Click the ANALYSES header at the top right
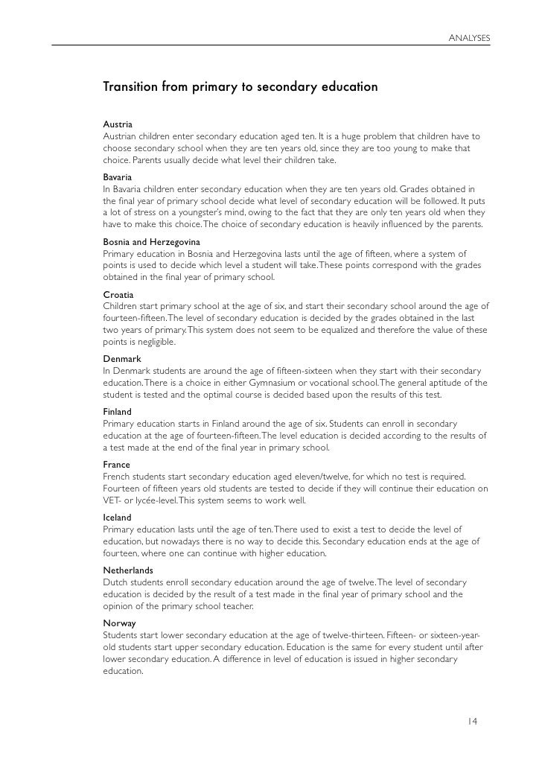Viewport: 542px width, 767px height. click(x=469, y=38)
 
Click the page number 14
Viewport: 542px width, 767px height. click(x=473, y=721)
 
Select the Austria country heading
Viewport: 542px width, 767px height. click(x=118, y=125)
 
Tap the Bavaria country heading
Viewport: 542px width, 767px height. click(x=118, y=179)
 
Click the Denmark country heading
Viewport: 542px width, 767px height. click(x=122, y=359)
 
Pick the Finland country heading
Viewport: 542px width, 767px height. click(x=117, y=412)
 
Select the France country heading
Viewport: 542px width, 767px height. click(x=116, y=465)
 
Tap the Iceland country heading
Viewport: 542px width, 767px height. click(x=117, y=518)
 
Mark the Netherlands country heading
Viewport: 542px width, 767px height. click(x=128, y=570)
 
